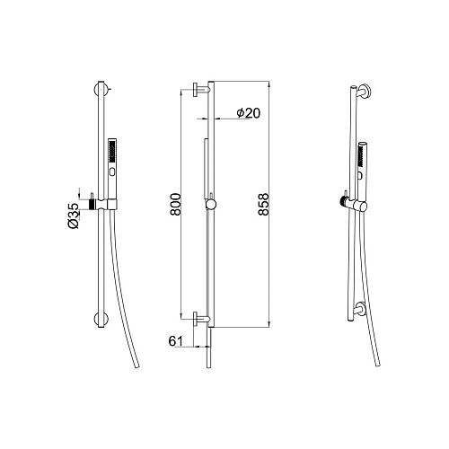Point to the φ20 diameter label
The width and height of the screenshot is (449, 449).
coord(248,112)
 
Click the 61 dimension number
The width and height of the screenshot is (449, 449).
coord(178,342)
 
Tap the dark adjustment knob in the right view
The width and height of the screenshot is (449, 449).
coord(343,199)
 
